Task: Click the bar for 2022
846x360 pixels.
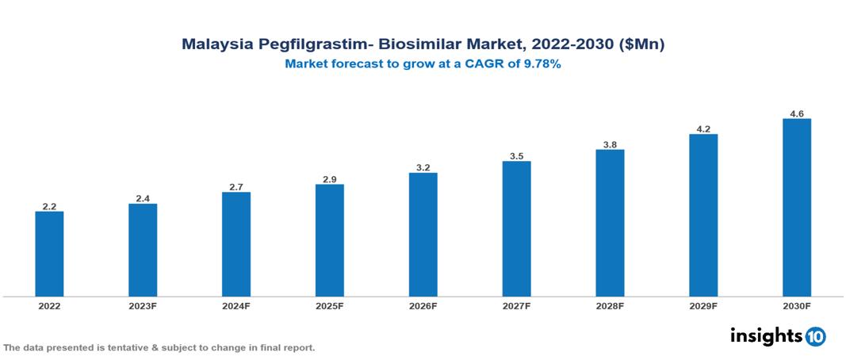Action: [49, 254]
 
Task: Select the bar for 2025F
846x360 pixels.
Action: [329, 240]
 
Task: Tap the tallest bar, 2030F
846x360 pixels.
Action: [796, 208]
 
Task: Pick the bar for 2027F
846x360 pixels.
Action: [516, 229]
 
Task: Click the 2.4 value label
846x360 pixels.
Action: [143, 198]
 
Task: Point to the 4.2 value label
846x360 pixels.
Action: [703, 128]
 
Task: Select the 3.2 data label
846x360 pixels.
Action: [423, 167]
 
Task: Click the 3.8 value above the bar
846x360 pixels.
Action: [610, 144]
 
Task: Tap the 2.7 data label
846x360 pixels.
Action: [236, 186]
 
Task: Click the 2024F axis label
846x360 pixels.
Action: [236, 306]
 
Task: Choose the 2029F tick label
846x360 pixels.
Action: [703, 306]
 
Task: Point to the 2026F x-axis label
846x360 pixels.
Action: [423, 306]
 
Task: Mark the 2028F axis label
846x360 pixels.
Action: [610, 306]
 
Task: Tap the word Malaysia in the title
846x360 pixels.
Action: [216, 45]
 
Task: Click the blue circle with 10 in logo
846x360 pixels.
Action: [816, 336]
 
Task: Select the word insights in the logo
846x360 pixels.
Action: [765, 335]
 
